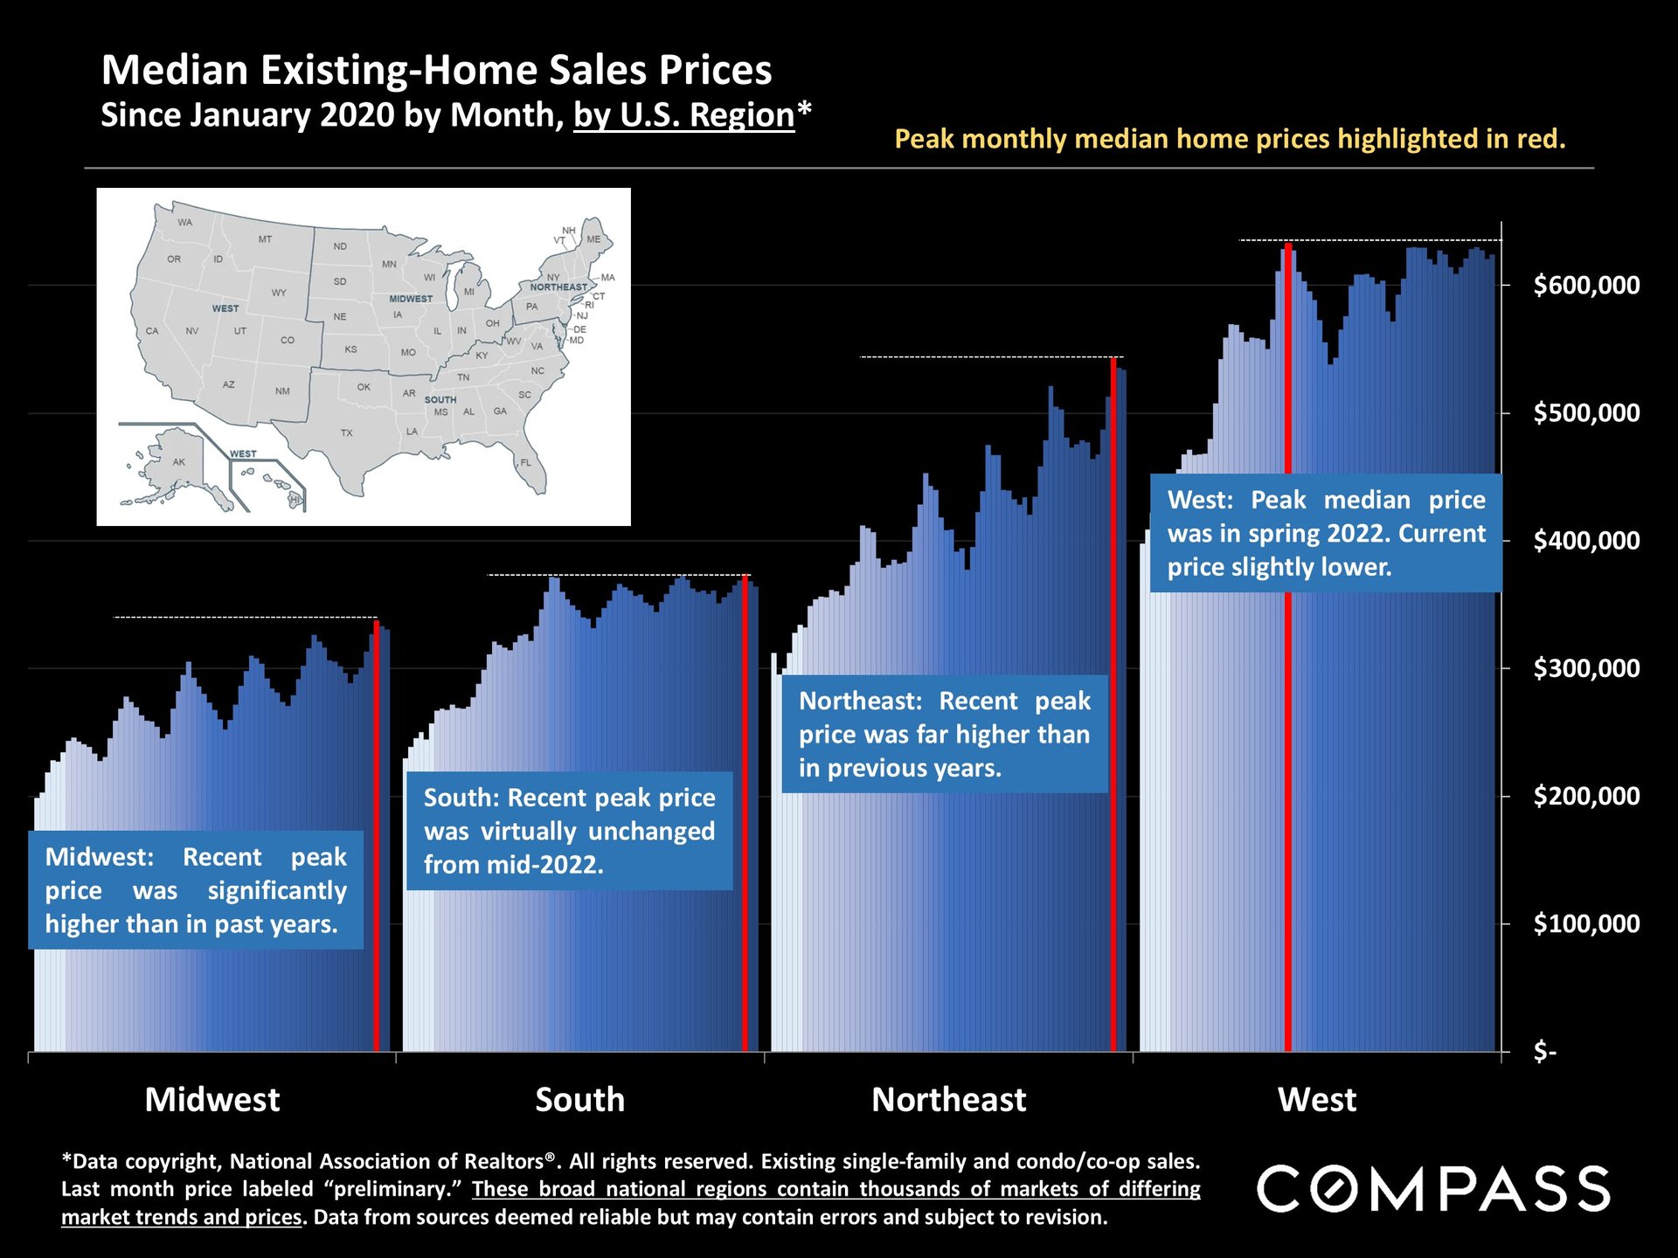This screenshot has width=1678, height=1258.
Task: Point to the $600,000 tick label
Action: click(x=1586, y=285)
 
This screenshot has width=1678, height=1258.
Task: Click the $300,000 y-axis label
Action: click(x=1586, y=668)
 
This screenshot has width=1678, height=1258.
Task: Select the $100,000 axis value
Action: click(x=1586, y=923)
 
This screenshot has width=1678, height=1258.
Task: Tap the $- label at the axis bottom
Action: click(x=1545, y=1051)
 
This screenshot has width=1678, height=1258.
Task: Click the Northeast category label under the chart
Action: click(x=948, y=1099)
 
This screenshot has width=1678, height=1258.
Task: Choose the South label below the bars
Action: click(x=579, y=1099)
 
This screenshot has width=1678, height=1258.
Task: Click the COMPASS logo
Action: click(x=1433, y=1189)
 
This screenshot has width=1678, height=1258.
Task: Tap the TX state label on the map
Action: click(x=347, y=433)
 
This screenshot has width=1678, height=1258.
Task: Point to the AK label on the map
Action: click(x=179, y=462)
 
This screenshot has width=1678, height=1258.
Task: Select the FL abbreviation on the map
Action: click(x=526, y=462)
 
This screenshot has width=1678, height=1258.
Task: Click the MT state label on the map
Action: click(x=265, y=239)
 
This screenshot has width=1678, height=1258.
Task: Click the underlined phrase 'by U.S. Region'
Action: click(x=683, y=115)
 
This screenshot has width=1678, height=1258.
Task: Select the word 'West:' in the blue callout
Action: click(x=1200, y=500)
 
